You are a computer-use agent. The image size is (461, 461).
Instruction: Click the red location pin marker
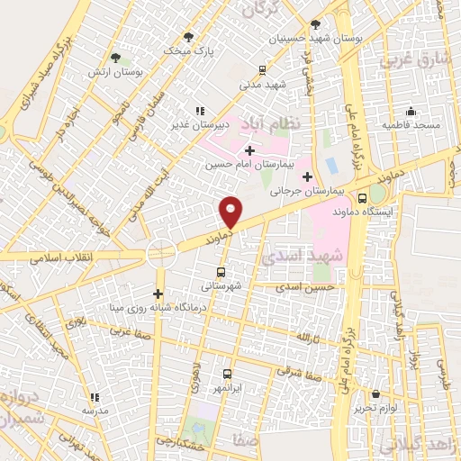(x=231, y=212)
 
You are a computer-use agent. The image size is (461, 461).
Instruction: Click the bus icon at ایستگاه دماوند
(x=362, y=199)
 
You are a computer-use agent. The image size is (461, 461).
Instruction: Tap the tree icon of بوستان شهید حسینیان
(x=314, y=25)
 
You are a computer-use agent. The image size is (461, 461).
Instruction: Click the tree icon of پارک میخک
(x=187, y=37)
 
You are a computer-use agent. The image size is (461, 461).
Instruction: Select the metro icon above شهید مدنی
(x=262, y=70)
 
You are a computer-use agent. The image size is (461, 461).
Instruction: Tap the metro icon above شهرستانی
(x=221, y=271)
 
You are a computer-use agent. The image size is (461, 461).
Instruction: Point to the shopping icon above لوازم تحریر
(x=375, y=393)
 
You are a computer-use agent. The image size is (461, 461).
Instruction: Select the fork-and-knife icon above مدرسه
(x=94, y=396)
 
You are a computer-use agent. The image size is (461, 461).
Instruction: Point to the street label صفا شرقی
(x=294, y=369)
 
